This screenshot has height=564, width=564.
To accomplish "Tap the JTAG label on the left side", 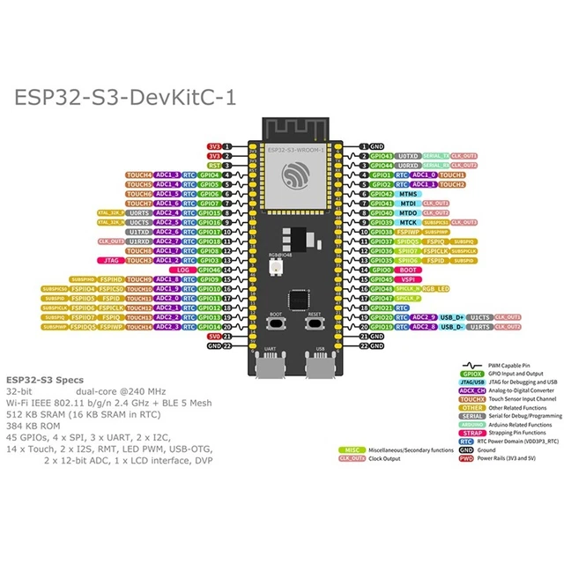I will (x=111, y=261).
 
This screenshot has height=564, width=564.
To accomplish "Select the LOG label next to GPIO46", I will (x=182, y=270).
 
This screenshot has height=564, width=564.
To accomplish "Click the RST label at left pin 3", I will (x=214, y=165).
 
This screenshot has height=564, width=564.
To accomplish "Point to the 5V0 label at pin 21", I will (x=214, y=337).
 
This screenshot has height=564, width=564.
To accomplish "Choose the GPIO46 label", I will (x=210, y=270).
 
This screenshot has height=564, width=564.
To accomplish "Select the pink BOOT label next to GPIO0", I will (x=409, y=270).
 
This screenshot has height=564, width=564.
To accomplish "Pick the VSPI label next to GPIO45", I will (x=407, y=279).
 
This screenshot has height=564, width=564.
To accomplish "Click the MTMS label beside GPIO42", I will (x=407, y=193).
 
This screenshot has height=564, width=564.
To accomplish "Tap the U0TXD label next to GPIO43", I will (x=408, y=155).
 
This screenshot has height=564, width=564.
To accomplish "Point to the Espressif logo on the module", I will (x=293, y=179).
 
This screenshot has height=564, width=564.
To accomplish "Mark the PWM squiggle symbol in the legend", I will (x=473, y=363).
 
